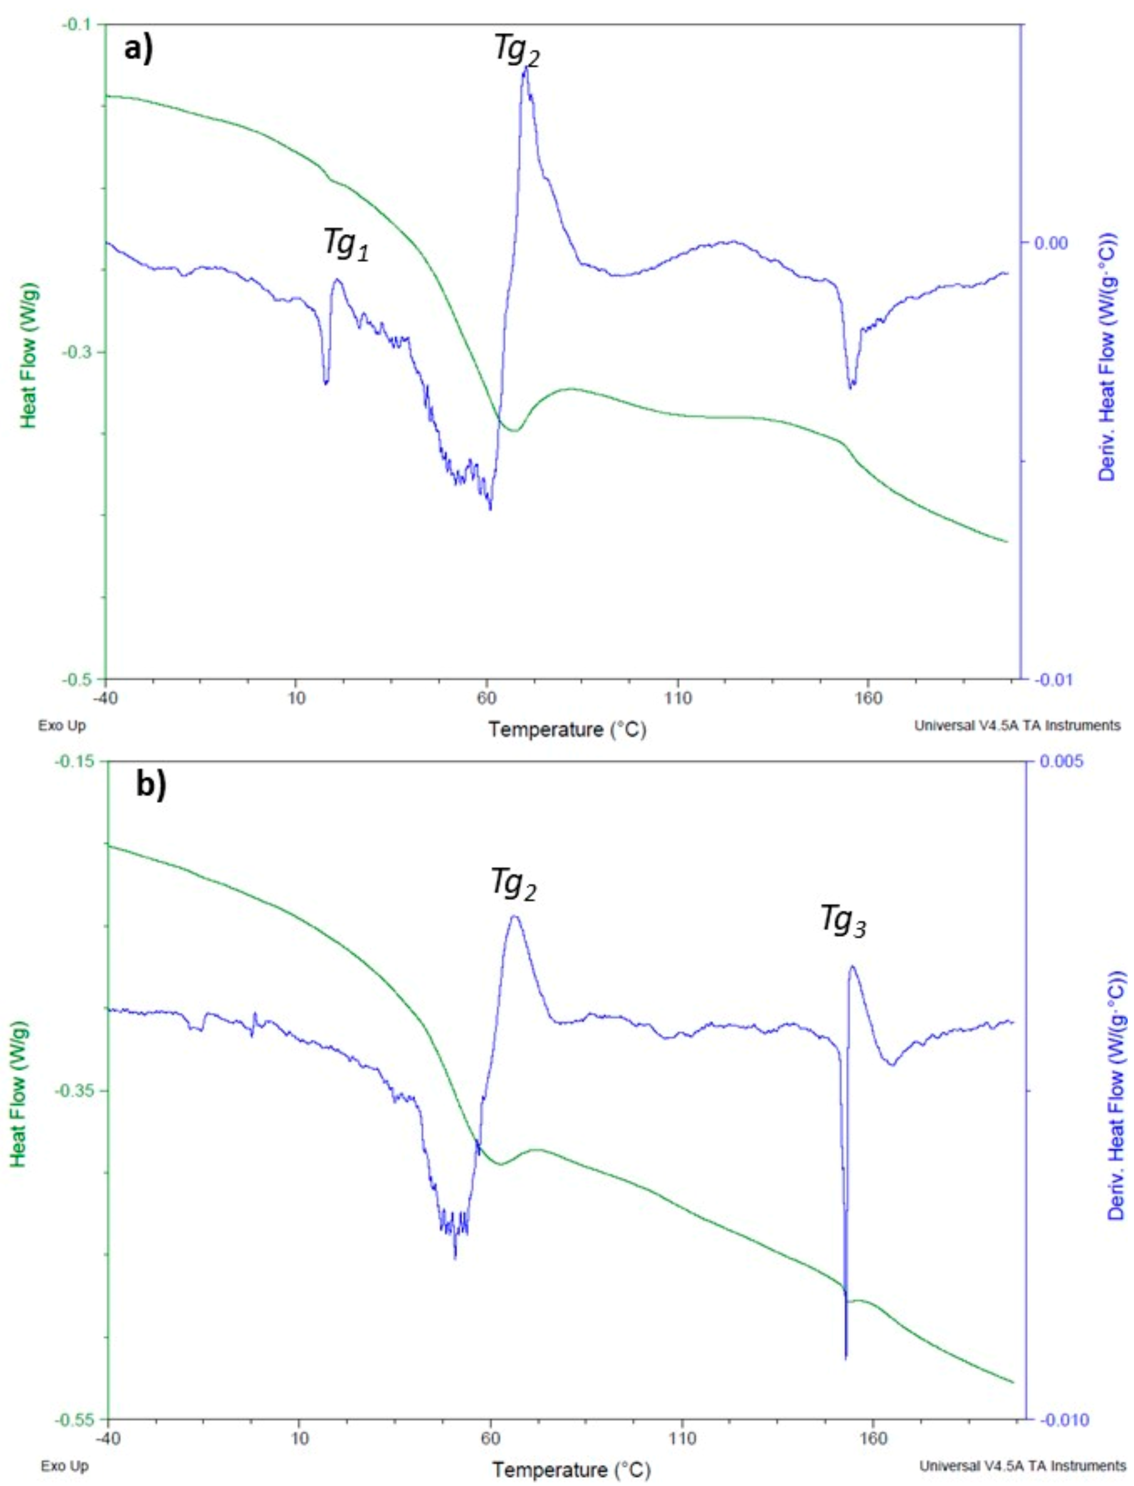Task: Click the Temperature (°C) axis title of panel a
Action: point(567,730)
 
